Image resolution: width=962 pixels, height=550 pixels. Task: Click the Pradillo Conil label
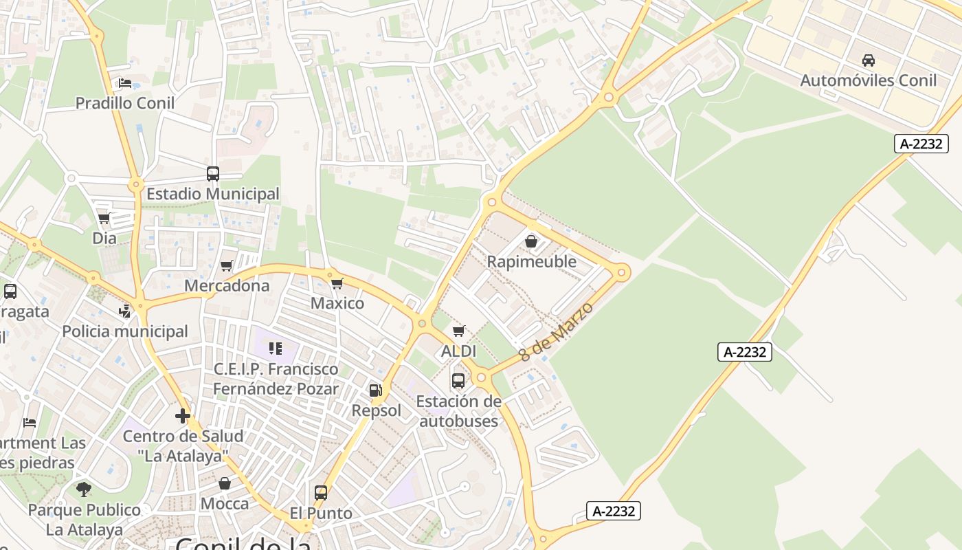tap(124, 103)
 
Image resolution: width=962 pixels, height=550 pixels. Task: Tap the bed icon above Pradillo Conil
tap(125, 83)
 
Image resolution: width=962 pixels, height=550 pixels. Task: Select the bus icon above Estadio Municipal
tap(213, 174)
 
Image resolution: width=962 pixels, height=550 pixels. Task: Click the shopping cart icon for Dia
tap(104, 219)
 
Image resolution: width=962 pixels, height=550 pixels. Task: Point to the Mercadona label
tap(227, 285)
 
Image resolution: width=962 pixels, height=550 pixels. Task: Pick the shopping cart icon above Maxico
tap(337, 283)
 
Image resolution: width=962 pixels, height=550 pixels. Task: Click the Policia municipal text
tap(125, 331)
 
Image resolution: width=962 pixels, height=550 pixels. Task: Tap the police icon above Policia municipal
tap(124, 311)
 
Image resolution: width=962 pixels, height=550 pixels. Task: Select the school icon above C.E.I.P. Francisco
tap(276, 349)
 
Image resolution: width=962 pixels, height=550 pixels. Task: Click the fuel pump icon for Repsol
tap(376, 390)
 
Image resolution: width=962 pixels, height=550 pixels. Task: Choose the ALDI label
tap(458, 351)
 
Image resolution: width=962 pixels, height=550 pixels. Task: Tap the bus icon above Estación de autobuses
tap(458, 380)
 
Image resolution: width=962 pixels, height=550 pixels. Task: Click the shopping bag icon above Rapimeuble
tap(531, 241)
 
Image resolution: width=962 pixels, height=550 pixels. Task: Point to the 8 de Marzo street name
tap(556, 331)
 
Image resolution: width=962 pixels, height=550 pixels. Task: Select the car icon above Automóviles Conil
tap(869, 60)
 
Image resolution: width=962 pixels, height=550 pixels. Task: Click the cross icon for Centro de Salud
tap(183, 416)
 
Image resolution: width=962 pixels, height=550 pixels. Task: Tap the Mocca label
tap(225, 504)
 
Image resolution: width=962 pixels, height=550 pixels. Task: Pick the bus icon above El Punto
tap(321, 493)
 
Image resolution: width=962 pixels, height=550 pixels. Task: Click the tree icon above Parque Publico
tap(84, 489)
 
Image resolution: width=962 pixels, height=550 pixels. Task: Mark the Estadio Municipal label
tap(213, 194)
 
